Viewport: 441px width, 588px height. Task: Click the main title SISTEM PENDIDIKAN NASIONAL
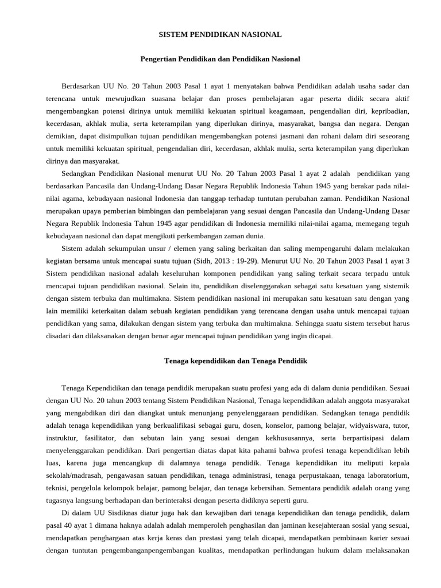click(x=220, y=34)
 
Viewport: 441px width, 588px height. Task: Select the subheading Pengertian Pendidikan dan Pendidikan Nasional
click(x=220, y=59)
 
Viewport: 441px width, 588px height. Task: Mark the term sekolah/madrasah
click(x=72, y=476)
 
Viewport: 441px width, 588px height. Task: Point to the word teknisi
click(x=57, y=489)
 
